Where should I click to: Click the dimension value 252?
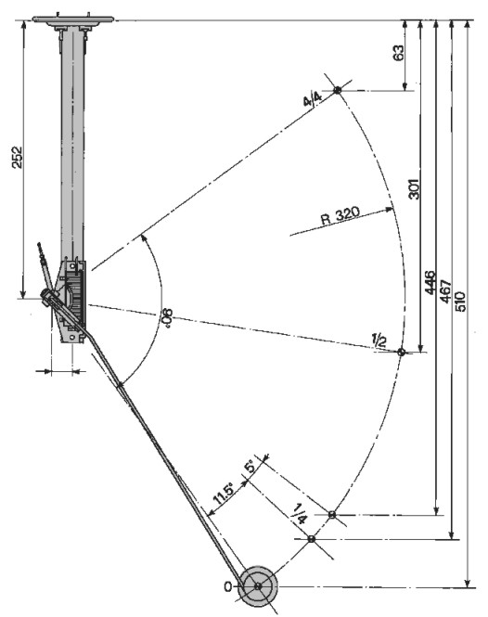pos(17,158)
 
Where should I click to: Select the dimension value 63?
pos(398,53)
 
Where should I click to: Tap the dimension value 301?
pos(415,189)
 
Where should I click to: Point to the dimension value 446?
pos(430,282)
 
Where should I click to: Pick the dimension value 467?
pos(445,291)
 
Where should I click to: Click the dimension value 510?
pos(460,302)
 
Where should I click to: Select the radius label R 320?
pos(340,215)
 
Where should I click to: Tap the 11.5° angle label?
pos(225,495)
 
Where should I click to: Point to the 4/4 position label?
pos(313,99)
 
